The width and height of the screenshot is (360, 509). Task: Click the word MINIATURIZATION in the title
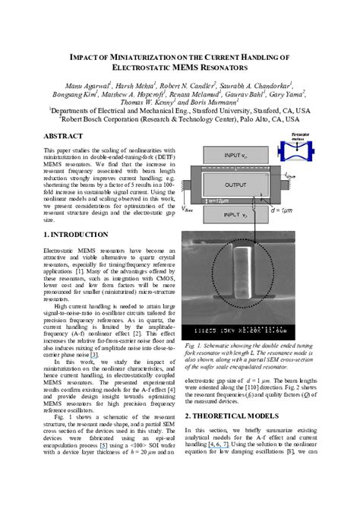tap(134, 57)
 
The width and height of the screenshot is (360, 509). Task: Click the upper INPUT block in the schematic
tap(235, 156)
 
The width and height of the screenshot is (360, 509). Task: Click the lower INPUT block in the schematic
tap(235, 215)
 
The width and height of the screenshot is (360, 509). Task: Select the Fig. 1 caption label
tap(194, 346)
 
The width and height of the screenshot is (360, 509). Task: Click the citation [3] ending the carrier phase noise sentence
tap(93, 354)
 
